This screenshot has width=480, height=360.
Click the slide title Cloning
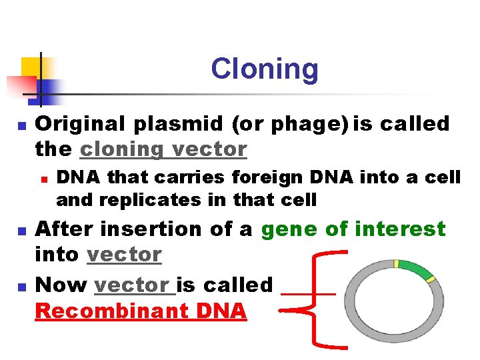tap(265, 69)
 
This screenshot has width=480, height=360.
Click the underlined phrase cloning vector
tap(163, 149)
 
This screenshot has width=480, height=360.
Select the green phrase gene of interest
tap(353, 229)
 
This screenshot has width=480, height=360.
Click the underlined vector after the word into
tap(125, 255)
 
